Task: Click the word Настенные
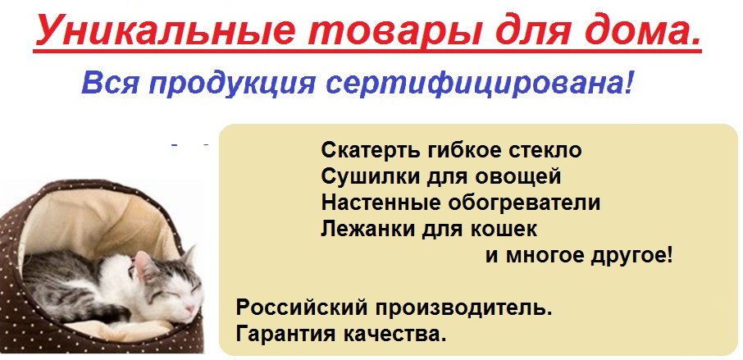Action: pyautogui.click(x=372, y=202)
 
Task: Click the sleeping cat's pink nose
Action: pyautogui.click(x=193, y=305)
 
